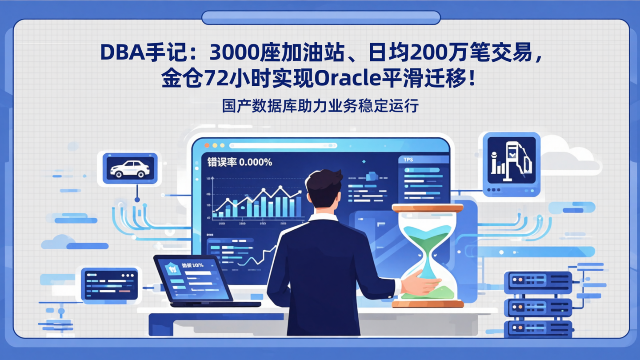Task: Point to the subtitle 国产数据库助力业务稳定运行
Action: (x=320, y=106)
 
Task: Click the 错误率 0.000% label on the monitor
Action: (x=240, y=162)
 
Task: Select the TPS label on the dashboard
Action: (x=408, y=160)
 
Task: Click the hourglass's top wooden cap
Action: (x=427, y=208)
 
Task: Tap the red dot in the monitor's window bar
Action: (x=207, y=145)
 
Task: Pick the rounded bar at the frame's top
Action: (x=321, y=18)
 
